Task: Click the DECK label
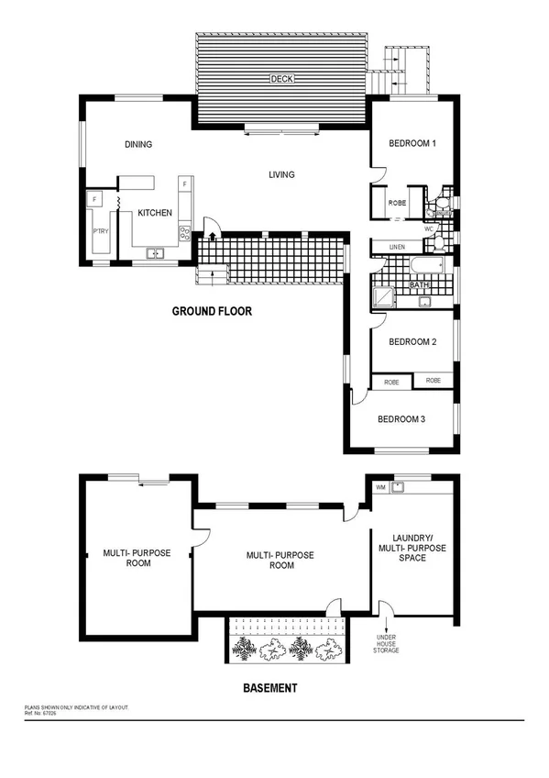point(281,79)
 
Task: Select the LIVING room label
point(281,174)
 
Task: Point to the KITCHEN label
point(155,213)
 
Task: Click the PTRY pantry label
point(100,231)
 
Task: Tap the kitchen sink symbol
point(154,253)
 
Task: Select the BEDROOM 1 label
point(412,144)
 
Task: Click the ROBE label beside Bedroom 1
point(397,203)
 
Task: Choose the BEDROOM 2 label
point(412,342)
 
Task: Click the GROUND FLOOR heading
point(212,312)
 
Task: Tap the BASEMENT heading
point(269,687)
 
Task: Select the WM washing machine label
point(379,488)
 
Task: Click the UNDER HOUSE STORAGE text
point(385,642)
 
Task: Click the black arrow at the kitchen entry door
point(213,237)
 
